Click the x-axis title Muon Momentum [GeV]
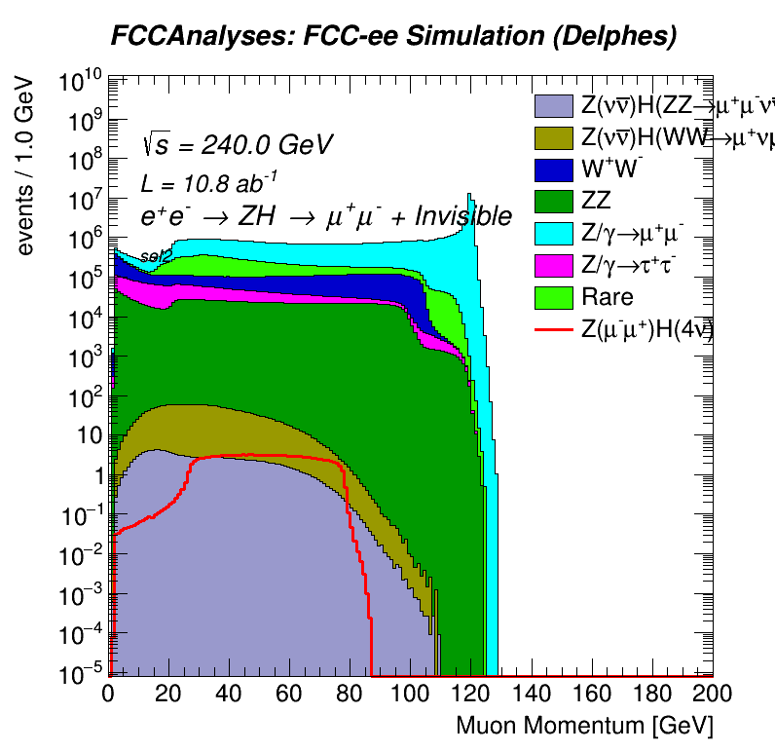(584, 726)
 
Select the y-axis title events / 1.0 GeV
(27, 167)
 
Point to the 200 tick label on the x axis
(713, 694)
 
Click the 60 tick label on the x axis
(290, 694)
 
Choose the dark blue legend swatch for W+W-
(554, 169)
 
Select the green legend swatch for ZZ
(554, 201)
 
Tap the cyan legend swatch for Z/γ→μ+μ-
(554, 233)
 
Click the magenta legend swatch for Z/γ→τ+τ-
(554, 265)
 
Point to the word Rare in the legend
(607, 297)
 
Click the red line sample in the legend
(554, 330)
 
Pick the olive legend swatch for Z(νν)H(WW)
(554, 136)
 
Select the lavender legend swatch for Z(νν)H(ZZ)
(554, 104)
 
